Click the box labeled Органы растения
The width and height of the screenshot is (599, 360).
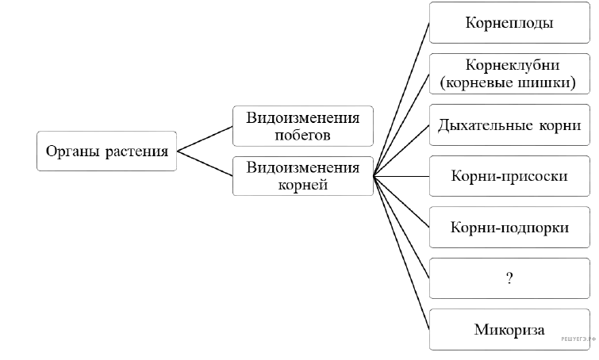pyautogui.click(x=107, y=151)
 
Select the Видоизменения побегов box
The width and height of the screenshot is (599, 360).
pyautogui.click(x=303, y=125)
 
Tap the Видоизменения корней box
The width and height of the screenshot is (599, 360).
pyautogui.click(x=303, y=175)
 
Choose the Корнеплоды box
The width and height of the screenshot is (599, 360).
pyautogui.click(x=509, y=23)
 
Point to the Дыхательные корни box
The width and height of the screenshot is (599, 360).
pyautogui.click(x=509, y=125)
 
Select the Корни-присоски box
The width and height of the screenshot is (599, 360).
pyautogui.click(x=509, y=176)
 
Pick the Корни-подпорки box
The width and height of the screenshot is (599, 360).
pyautogui.click(x=509, y=227)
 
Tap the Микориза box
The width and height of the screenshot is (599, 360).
pyautogui.click(x=509, y=328)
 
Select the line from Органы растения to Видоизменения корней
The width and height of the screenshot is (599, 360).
pyautogui.click(x=205, y=163)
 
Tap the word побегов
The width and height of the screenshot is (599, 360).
pyautogui.click(x=303, y=135)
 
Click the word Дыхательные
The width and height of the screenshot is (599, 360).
pyautogui.click(x=475, y=125)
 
